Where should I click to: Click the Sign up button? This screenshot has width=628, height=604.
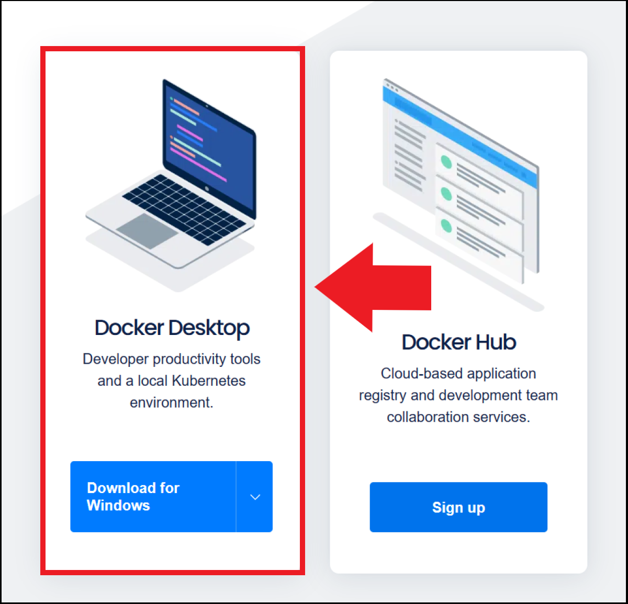[x=458, y=507]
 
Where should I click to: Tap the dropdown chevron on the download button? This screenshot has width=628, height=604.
[x=255, y=497]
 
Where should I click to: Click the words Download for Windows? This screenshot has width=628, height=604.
[x=133, y=497]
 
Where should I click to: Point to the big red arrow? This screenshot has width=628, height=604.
[x=373, y=288]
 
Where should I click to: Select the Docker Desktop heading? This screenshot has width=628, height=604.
[x=172, y=328]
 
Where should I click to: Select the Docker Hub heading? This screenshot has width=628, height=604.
[x=458, y=342]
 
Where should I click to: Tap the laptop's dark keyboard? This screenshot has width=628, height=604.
[x=184, y=209]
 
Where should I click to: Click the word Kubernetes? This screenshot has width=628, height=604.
[x=208, y=381]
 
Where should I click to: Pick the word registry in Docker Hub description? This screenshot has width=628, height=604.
[x=383, y=396]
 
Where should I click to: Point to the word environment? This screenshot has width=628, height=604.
[x=171, y=403]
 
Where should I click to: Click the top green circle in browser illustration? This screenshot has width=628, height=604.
[x=446, y=162]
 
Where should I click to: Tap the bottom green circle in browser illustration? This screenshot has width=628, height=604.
[x=446, y=226]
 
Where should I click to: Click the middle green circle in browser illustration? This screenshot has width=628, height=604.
[x=446, y=194]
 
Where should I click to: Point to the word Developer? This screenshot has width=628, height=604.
[x=115, y=360]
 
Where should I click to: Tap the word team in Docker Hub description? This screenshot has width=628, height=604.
[x=542, y=396]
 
